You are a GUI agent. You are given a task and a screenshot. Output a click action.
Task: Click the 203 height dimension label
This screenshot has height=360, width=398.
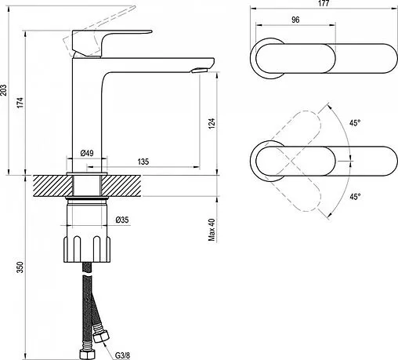click(4, 89)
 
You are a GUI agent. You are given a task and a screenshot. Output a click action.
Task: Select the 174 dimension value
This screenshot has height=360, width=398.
click(20, 103)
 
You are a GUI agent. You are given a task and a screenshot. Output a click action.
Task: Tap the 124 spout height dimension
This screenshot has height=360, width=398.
click(212, 123)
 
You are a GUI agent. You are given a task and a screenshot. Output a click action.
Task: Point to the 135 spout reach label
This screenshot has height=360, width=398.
click(143, 162)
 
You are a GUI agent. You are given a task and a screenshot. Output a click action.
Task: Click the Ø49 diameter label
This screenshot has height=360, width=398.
click(87, 153)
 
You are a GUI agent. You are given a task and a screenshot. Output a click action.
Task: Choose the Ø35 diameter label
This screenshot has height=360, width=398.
click(122, 220)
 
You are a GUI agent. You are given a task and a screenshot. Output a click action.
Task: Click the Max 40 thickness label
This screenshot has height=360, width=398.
click(212, 230)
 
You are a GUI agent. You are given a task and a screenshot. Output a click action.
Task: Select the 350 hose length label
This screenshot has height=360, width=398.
click(20, 267)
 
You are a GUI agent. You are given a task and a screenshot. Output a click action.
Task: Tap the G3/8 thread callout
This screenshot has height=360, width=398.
click(122, 355)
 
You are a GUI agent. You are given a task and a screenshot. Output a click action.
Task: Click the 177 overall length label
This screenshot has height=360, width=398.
click(324, 3)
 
